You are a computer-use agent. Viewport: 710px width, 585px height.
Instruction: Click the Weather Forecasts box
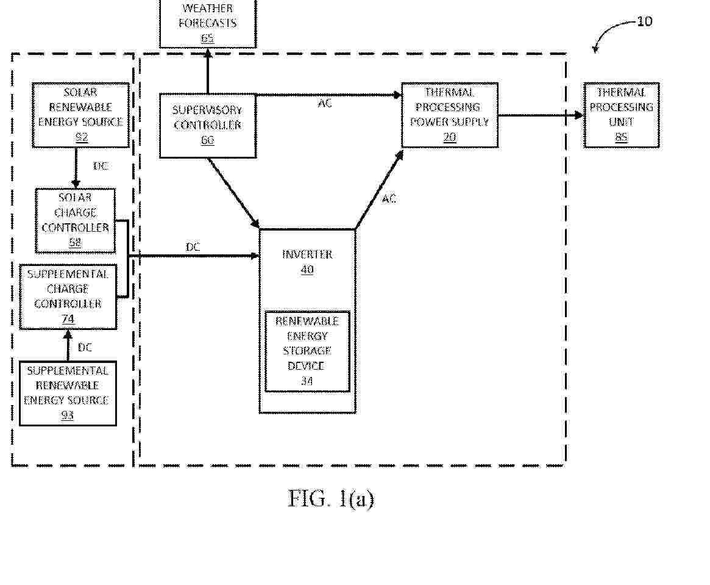point(208,23)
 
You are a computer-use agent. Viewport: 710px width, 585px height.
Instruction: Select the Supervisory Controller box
point(207,126)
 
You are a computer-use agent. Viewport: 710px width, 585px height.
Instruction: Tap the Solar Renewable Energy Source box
point(81,115)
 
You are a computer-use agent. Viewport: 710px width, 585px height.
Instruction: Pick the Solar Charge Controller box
point(76,220)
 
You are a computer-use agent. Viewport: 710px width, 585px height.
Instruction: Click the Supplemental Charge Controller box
point(68,296)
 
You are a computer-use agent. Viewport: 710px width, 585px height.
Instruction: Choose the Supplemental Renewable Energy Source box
point(68,393)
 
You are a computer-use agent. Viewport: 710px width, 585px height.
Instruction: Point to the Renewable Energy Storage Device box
point(307,351)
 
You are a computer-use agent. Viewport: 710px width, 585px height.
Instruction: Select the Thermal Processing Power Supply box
point(449,115)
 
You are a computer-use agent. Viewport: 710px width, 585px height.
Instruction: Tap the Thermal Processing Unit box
point(621,115)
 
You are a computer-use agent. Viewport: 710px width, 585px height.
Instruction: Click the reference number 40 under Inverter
point(307,270)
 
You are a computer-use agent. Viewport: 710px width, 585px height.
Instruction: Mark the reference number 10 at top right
point(644,21)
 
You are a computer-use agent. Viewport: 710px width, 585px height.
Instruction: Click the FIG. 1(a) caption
point(331,498)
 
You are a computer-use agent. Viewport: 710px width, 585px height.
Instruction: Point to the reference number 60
point(207,140)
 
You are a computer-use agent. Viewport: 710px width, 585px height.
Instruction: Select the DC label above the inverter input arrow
point(193,247)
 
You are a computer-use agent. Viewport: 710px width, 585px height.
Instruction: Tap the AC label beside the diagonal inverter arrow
point(389,199)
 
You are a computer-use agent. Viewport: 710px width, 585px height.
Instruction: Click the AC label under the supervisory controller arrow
point(325,103)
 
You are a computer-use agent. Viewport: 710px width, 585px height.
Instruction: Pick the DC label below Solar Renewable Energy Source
point(101,166)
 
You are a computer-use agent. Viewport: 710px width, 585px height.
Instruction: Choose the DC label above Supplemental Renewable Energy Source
point(85,348)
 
